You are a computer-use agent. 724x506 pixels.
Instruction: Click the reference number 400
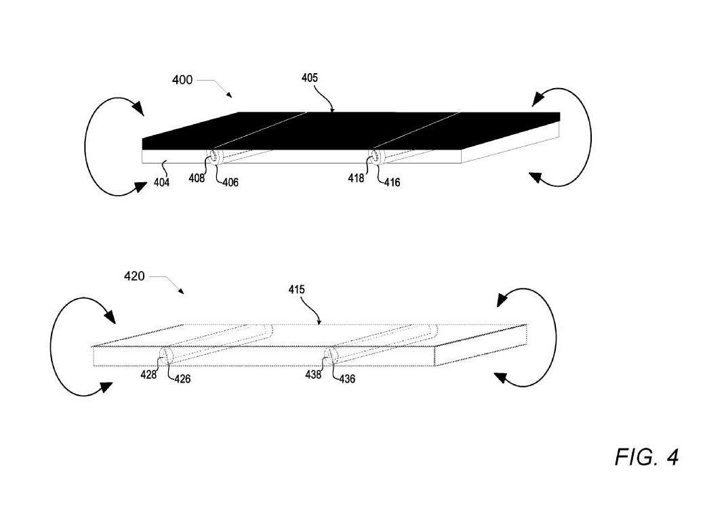click(182, 80)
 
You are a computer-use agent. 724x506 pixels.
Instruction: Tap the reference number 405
click(310, 78)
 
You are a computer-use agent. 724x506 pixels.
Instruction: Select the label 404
click(161, 183)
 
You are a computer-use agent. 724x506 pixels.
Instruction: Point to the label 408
click(196, 178)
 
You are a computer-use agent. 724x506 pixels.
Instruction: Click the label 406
click(230, 183)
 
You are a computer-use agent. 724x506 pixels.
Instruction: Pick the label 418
click(356, 178)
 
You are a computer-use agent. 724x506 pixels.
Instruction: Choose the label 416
click(392, 183)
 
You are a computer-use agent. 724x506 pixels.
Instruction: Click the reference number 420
click(134, 276)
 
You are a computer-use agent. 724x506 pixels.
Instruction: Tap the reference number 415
click(296, 290)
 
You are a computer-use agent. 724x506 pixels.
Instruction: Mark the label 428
click(148, 375)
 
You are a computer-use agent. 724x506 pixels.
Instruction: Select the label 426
click(182, 379)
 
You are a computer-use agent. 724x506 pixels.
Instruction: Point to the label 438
click(313, 375)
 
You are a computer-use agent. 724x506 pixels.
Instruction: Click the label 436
click(347, 379)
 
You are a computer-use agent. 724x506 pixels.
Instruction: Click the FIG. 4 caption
click(647, 457)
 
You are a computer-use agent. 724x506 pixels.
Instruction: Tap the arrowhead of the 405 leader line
click(332, 110)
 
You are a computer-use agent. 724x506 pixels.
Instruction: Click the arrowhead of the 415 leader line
click(319, 322)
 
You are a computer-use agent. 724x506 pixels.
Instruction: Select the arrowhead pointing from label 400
click(229, 95)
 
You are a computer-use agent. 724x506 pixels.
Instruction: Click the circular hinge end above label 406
click(214, 157)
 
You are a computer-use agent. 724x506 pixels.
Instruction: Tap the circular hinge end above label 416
click(374, 157)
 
